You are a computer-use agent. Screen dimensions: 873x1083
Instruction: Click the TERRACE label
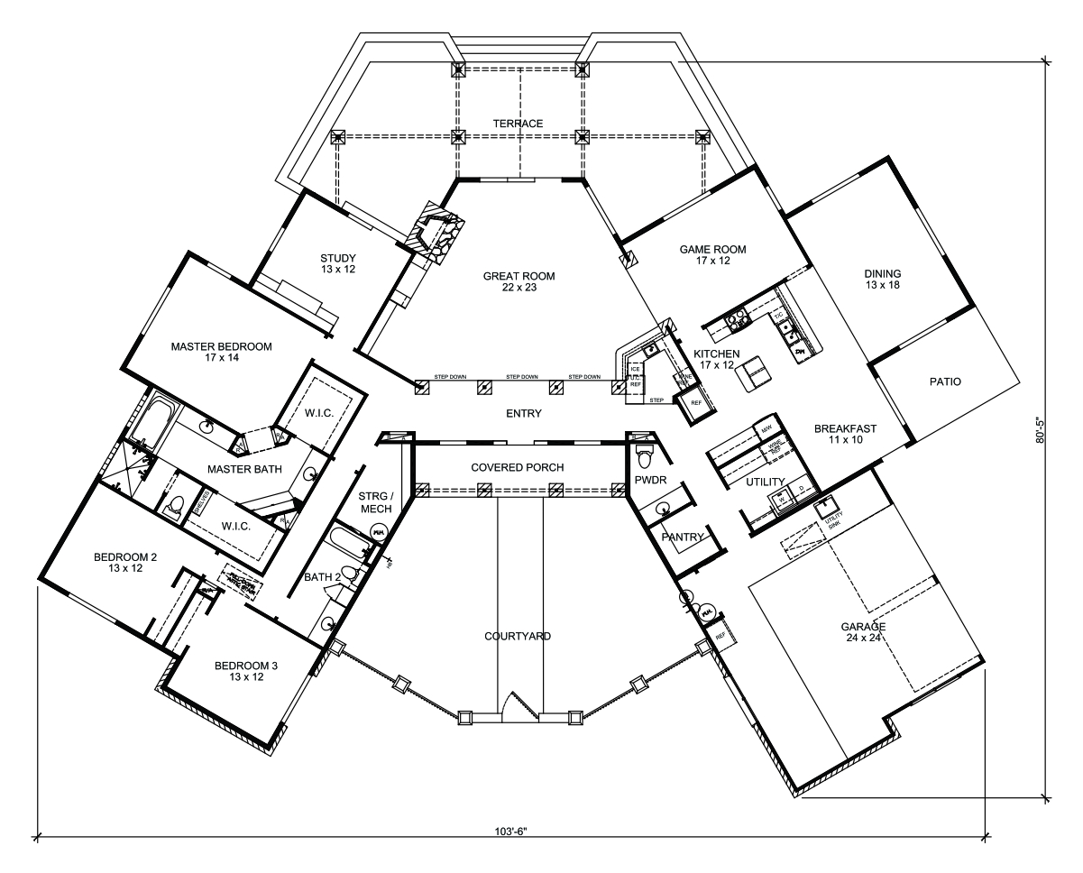click(x=518, y=124)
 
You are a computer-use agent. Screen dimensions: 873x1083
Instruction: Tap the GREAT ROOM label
click(x=518, y=282)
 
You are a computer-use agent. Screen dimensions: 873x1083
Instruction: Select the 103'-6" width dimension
click(x=516, y=829)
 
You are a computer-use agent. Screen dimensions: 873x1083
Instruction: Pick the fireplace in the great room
click(x=437, y=233)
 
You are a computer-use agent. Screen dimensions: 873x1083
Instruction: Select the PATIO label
click(x=945, y=381)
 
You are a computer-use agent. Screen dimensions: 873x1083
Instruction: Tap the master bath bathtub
click(x=155, y=419)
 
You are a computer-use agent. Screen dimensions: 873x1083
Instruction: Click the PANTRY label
click(x=682, y=537)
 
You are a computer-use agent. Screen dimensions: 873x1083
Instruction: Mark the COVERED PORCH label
click(x=518, y=468)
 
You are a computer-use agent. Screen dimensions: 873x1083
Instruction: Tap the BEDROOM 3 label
click(x=246, y=672)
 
